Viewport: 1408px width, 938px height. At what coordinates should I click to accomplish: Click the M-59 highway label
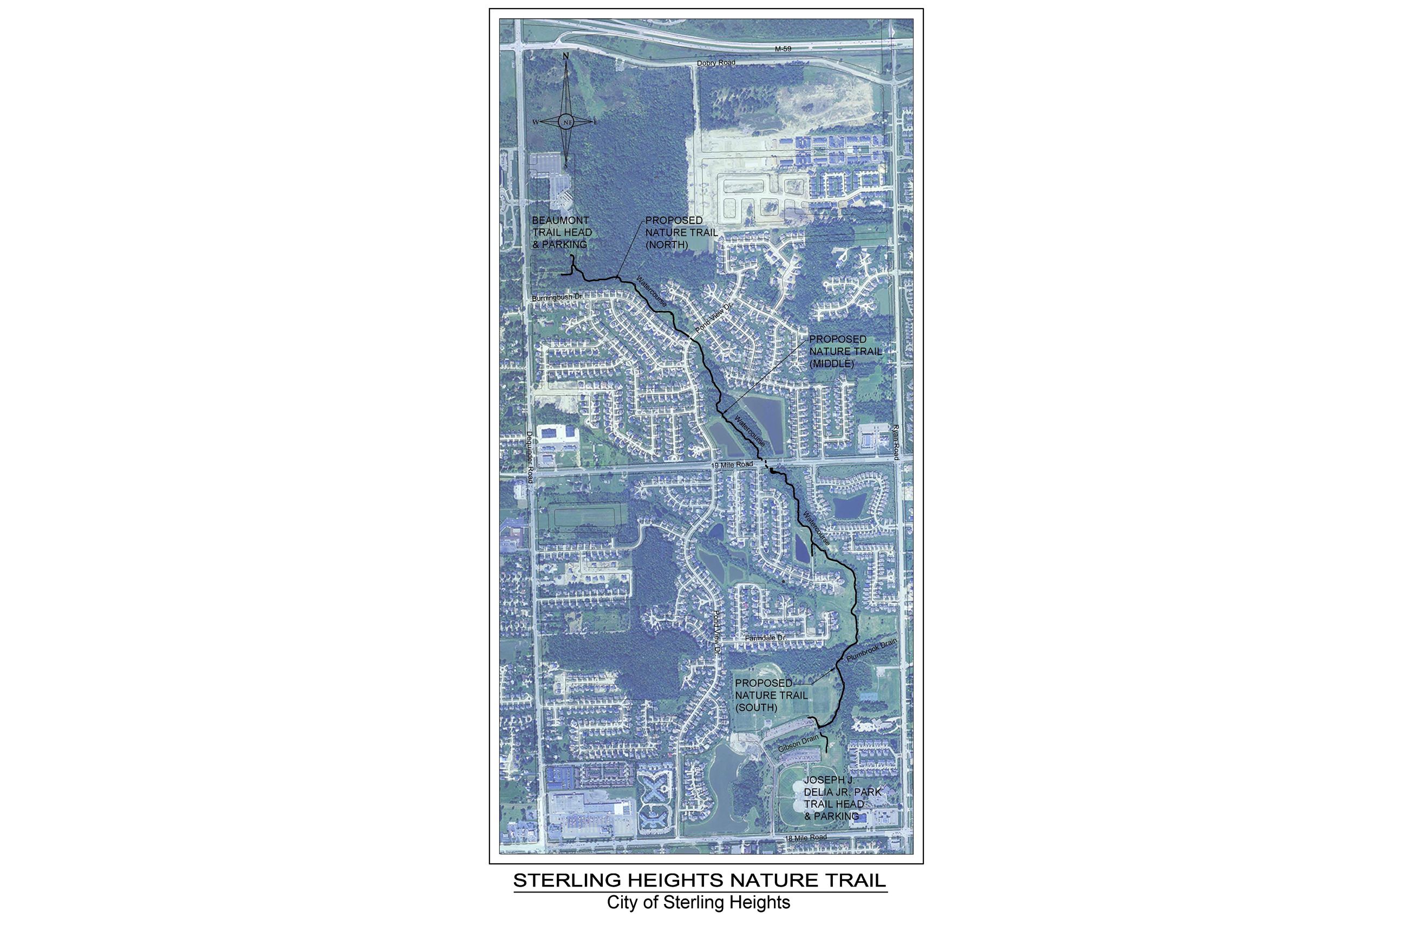pos(783,49)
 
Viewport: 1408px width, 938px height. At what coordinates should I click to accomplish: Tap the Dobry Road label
pos(716,63)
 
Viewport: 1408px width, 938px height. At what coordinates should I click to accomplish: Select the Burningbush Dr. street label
pos(557,297)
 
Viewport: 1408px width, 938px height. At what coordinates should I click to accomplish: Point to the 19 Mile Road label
pos(732,465)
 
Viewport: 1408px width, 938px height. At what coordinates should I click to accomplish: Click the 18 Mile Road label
pos(805,838)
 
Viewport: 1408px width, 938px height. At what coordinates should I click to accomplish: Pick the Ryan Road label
pos(896,442)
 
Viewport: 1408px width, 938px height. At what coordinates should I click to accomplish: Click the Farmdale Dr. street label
pos(765,638)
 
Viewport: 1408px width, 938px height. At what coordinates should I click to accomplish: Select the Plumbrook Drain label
pos(871,650)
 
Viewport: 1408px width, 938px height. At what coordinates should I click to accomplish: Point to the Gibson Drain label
pos(798,744)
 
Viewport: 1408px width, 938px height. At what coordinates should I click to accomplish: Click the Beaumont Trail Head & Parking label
pos(562,232)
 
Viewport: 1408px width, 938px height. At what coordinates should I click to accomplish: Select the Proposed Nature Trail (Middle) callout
pos(845,351)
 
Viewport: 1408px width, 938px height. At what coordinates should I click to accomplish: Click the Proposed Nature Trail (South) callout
pos(771,695)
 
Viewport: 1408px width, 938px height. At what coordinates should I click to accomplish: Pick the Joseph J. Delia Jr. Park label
pos(842,798)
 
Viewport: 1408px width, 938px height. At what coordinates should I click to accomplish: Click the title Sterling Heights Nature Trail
pos(700,881)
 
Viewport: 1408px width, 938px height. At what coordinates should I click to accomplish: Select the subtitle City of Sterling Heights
pos(699,903)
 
